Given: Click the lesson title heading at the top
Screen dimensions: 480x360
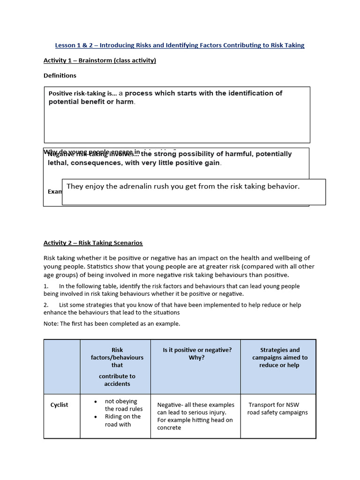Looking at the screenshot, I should pyautogui.click(x=180, y=45).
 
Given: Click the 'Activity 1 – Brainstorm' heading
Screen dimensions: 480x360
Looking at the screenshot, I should pyautogui.click(x=99, y=60).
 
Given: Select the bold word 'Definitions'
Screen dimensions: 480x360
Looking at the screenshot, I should pyautogui.click(x=60, y=75).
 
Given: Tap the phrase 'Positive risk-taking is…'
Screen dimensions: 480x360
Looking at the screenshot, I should pyautogui.click(x=82, y=93).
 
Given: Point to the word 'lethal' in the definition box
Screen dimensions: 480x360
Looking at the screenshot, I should pyautogui.click(x=58, y=163).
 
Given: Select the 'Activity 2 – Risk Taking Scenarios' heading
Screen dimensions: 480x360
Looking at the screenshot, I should pyautogui.click(x=93, y=243).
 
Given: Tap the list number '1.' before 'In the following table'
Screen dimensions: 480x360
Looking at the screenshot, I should pyautogui.click(x=46, y=286).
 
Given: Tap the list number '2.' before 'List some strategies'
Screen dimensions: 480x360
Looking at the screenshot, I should pyautogui.click(x=46, y=305).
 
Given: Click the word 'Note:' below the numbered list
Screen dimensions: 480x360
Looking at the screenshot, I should pyautogui.click(x=51, y=323).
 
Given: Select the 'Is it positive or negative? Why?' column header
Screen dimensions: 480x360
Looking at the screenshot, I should pyautogui.click(x=197, y=353).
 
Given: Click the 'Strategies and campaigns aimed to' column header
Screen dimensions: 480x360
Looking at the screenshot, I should pyautogui.click(x=279, y=357).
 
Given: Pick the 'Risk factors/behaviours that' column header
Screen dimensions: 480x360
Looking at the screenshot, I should pyautogui.click(x=117, y=357).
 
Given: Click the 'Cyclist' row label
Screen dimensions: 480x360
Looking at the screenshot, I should pyautogui.click(x=59, y=405).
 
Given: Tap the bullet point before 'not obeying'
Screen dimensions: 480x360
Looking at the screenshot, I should pyautogui.click(x=96, y=402).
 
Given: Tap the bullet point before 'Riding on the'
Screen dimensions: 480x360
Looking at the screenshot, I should pyautogui.click(x=96, y=417).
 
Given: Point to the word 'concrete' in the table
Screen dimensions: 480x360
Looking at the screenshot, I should pyautogui.click(x=169, y=427).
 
